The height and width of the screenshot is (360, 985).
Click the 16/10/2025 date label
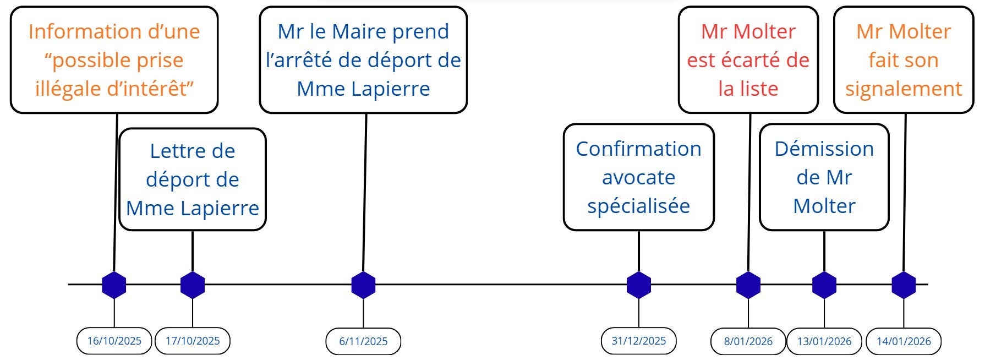114,341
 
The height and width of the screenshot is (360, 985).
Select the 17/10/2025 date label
193,341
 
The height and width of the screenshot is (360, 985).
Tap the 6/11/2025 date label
363,341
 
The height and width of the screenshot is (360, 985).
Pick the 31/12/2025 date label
639,341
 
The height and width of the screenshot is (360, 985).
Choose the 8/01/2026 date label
748,341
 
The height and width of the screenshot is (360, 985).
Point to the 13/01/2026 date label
824,341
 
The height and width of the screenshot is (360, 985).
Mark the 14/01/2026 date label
904,341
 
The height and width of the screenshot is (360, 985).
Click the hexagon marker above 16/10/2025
114,285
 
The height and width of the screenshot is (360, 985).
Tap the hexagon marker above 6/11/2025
363,285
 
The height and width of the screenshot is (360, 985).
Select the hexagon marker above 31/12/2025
639,285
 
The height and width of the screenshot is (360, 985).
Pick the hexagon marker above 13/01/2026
824,285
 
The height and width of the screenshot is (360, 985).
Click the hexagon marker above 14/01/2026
904,285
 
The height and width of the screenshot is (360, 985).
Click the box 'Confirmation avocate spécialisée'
639,177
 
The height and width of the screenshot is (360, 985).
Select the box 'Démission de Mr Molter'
824,177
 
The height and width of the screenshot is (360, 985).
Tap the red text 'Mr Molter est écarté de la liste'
748,60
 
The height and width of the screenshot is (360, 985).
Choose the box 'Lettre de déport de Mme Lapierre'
193,179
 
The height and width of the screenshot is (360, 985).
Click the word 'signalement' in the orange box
904,89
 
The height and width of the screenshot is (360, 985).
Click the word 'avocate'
638,177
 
